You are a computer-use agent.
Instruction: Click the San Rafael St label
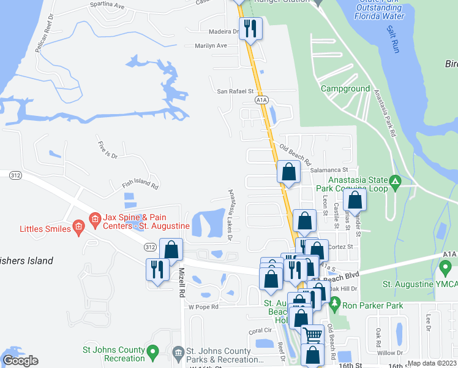[236, 91]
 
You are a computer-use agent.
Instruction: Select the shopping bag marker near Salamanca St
[288, 173]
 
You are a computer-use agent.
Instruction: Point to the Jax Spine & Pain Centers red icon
[94, 218]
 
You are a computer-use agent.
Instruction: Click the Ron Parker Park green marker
[334, 303]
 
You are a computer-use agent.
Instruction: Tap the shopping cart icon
[313, 335]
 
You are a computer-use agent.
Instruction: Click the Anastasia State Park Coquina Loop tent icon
[396, 181]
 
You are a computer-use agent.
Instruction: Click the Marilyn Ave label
[211, 46]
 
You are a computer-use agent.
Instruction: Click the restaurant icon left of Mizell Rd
[157, 269]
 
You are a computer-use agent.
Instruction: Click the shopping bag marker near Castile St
[355, 200]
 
